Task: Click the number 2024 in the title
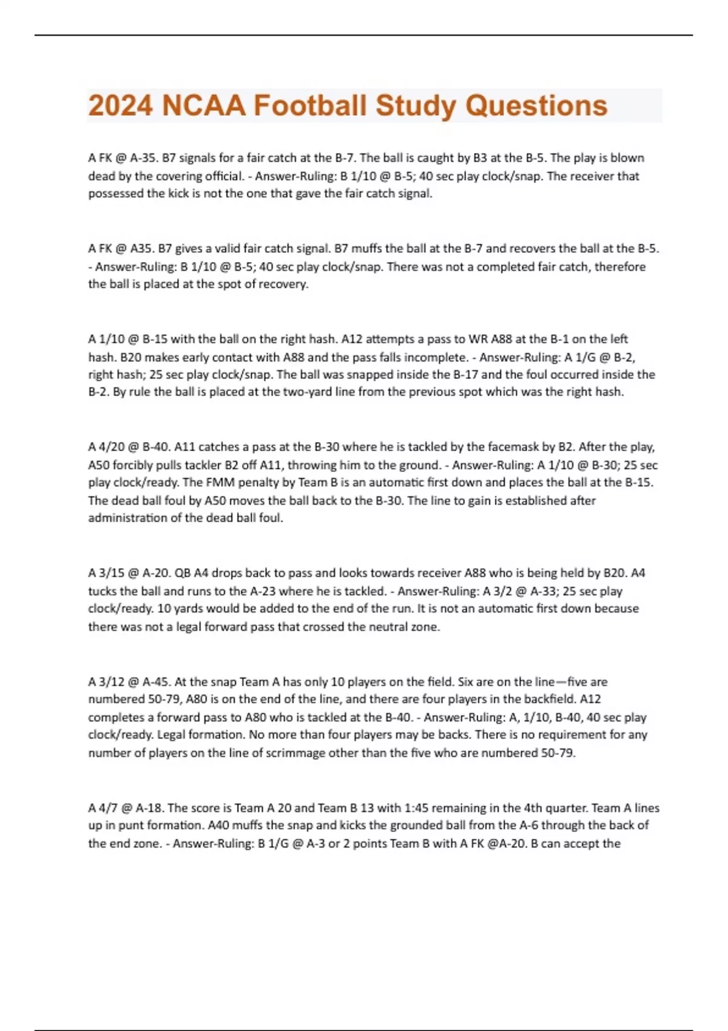(x=120, y=106)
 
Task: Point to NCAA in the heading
(x=203, y=106)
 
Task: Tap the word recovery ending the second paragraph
(x=285, y=284)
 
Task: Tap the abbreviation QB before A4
(x=183, y=573)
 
